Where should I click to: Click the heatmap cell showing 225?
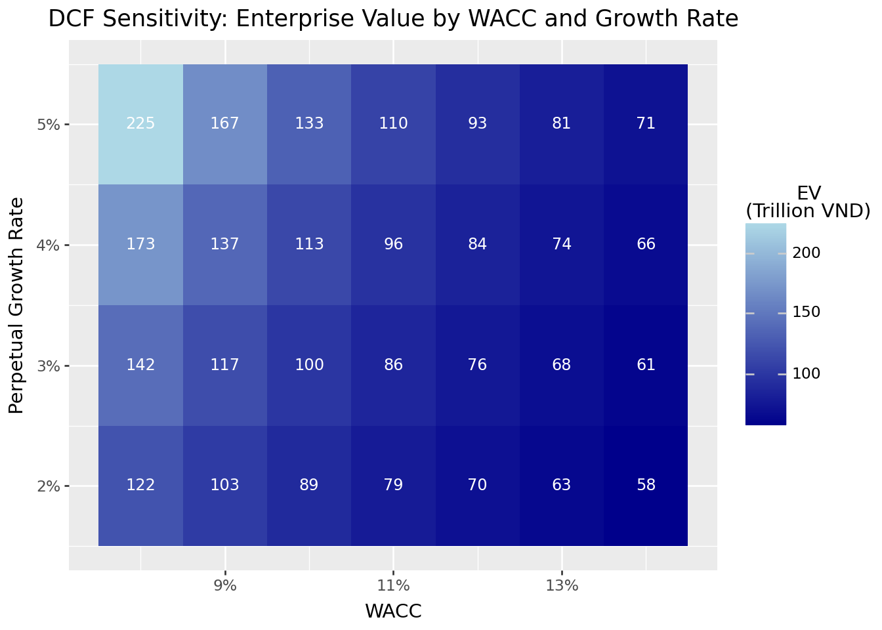tap(140, 123)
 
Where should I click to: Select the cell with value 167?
tap(225, 123)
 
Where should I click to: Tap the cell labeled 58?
tap(646, 486)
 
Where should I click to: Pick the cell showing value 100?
tap(309, 365)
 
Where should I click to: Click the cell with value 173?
tap(140, 244)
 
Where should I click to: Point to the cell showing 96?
tap(393, 244)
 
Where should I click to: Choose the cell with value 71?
tap(646, 123)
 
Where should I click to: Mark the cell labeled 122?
tap(140, 486)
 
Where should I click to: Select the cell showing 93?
tap(477, 123)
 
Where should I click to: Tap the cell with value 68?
tap(562, 365)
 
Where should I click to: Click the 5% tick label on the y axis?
tap(49, 124)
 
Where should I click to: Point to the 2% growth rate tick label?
tap(49, 486)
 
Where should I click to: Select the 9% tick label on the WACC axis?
tap(225, 586)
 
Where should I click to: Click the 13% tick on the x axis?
tap(562, 586)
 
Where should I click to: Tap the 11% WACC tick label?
tap(393, 586)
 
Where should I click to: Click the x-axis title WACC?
tap(393, 612)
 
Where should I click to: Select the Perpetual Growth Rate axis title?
tap(17, 305)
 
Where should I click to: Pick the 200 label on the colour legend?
tap(807, 253)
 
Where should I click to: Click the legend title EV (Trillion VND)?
tap(808, 202)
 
